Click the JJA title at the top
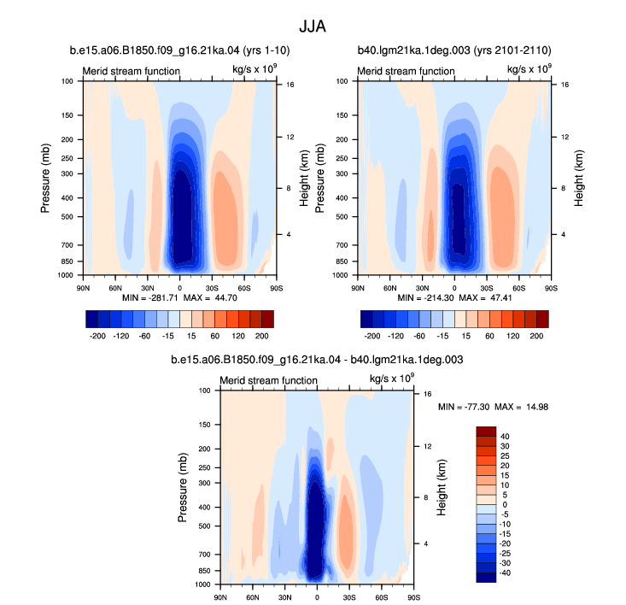point(313,26)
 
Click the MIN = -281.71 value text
point(150,298)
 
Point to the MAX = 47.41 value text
point(485,298)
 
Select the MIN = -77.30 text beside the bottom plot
point(464,407)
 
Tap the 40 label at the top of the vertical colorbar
point(505,437)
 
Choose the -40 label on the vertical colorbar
point(505,573)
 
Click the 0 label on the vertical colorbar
point(505,505)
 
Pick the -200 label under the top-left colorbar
point(97,336)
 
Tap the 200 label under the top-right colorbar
point(536,336)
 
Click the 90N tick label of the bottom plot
point(220,597)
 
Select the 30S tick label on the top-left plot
point(212,288)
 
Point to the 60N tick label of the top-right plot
point(390,288)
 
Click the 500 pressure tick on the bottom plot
point(204,526)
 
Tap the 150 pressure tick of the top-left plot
point(67,115)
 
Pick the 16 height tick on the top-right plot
point(565,85)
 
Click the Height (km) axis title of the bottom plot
point(441,488)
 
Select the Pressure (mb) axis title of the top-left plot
point(45,178)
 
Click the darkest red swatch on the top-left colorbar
point(268,319)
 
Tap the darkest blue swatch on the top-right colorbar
point(366,319)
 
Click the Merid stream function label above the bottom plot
point(268,380)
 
